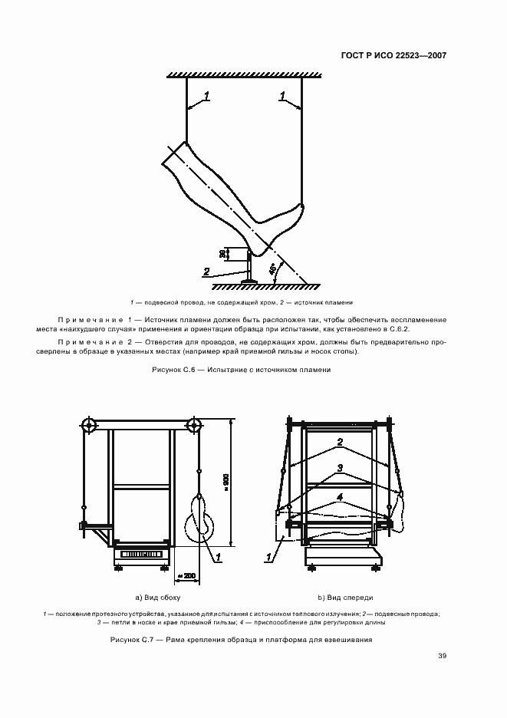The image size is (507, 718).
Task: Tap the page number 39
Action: point(442,655)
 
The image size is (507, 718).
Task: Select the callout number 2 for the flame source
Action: point(206,271)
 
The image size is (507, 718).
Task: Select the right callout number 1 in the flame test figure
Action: point(283,96)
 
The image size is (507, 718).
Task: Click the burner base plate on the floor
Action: point(249,282)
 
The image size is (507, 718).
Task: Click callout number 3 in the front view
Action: point(340,467)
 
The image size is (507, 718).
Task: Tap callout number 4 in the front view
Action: point(338,496)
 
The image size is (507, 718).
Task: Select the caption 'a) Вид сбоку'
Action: point(156,596)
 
